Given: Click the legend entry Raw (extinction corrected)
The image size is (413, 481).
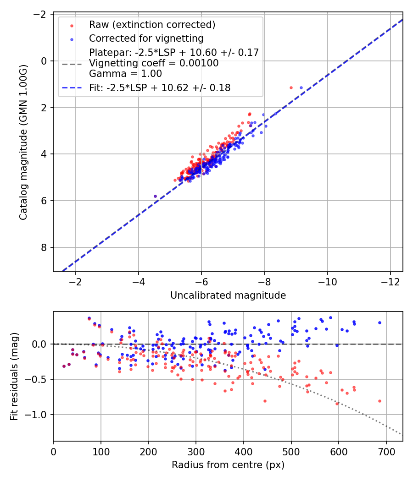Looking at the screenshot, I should [152, 25].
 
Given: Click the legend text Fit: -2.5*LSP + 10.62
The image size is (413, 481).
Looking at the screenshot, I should [160, 87].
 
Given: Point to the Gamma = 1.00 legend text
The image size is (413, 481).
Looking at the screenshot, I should [125, 73].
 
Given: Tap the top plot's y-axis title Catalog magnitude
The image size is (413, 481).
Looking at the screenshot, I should [23, 142].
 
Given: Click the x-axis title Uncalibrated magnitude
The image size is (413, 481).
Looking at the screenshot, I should [228, 295].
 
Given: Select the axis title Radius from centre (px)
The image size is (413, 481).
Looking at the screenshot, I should [228, 465].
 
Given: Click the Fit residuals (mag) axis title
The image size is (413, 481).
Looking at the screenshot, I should [14, 376].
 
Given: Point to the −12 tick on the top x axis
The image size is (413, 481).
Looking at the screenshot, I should [391, 281].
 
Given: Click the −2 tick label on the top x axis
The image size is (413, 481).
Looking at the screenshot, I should [75, 281].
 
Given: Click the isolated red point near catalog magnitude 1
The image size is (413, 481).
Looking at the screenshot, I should [291, 87].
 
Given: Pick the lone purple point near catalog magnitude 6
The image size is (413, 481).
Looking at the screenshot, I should [155, 196].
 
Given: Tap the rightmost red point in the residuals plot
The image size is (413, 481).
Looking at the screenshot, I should [380, 401].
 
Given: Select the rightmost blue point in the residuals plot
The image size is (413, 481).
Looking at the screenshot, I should [380, 322].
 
